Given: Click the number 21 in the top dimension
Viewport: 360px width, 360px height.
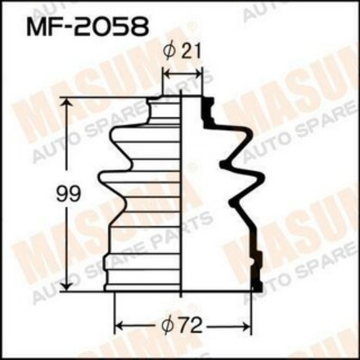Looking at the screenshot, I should pos(189,51).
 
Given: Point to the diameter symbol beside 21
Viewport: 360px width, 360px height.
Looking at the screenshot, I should pos(169,51).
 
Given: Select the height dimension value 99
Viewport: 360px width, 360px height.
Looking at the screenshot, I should pos(68,195).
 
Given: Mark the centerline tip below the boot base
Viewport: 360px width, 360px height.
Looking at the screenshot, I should pos(182,295).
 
